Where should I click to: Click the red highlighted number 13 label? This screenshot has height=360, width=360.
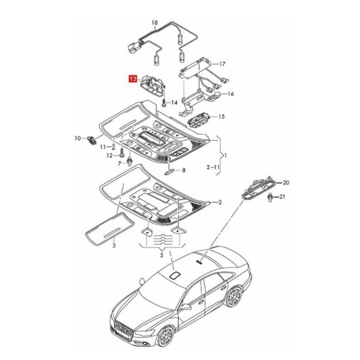point(133,79)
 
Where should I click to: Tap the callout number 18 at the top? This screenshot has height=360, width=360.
point(155,22)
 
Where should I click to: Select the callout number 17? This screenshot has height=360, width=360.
point(221,64)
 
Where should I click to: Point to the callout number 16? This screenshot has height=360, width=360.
point(230,94)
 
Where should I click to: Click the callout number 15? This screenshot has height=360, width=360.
point(221,117)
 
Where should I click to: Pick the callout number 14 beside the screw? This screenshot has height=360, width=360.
point(174,103)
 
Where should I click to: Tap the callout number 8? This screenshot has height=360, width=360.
point(183,170)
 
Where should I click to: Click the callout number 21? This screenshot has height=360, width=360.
point(282,197)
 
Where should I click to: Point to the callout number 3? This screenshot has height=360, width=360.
point(114,246)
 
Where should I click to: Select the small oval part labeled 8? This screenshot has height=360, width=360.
point(171,171)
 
